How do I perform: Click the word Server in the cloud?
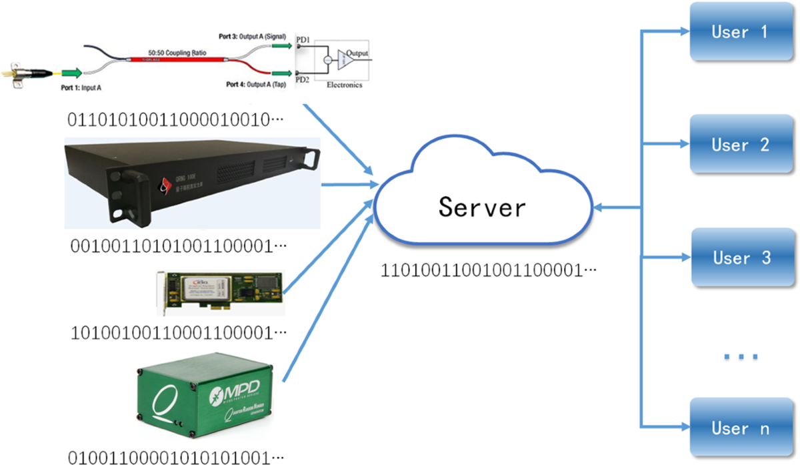coord(482,207)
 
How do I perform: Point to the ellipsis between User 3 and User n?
coord(741,357)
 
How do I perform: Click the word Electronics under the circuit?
coord(344,85)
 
